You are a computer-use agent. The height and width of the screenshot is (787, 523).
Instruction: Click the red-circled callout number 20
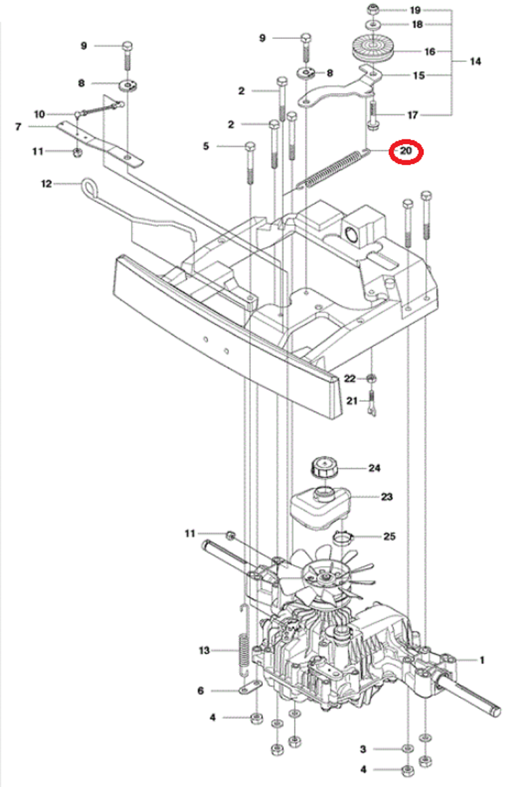[x=406, y=151]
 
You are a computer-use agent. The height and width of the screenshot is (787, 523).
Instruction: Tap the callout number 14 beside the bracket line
[x=475, y=61]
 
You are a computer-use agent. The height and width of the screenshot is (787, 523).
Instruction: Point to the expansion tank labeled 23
[x=320, y=508]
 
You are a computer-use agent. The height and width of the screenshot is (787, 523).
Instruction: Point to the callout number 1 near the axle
[x=482, y=660]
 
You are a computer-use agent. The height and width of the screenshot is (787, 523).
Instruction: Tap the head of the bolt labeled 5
[x=250, y=147]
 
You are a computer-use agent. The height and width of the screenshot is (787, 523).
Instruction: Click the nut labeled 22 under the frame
[x=371, y=379]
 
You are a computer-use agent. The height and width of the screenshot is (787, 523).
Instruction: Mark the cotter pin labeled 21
[x=372, y=403]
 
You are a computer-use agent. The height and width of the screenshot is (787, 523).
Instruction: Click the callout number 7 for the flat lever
[x=18, y=127]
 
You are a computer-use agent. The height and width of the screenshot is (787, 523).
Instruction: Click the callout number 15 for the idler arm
[x=419, y=75]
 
